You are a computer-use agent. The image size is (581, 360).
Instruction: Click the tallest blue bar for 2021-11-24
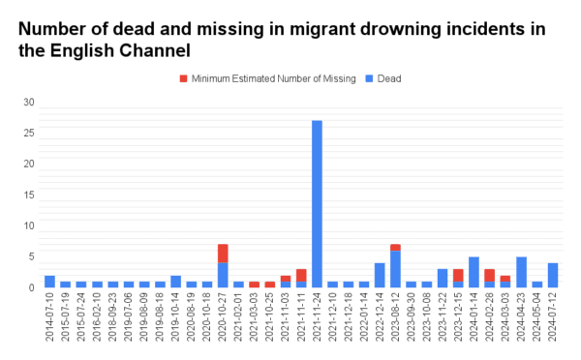pyautogui.click(x=317, y=203)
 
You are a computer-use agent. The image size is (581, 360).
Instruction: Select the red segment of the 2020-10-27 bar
pyautogui.click(x=223, y=254)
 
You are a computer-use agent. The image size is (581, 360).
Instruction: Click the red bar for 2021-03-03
pyautogui.click(x=254, y=285)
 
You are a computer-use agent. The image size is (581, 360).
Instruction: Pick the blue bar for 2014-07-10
pyautogui.click(x=49, y=282)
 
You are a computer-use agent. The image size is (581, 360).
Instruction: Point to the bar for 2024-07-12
pyautogui.click(x=553, y=275)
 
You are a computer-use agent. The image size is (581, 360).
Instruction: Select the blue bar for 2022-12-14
pyautogui.click(x=380, y=275)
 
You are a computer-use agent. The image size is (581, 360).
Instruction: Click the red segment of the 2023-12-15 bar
pyautogui.click(x=458, y=275)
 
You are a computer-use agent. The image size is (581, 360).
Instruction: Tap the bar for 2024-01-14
pyautogui.click(x=474, y=272)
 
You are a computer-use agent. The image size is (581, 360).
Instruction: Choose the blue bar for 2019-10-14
pyautogui.click(x=175, y=282)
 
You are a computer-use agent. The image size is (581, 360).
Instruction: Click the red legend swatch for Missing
pyautogui.click(x=183, y=77)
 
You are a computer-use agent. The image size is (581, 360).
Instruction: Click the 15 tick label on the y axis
pyautogui.click(x=29, y=195)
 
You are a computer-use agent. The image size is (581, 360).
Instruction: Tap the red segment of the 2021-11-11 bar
pyautogui.click(x=301, y=276)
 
